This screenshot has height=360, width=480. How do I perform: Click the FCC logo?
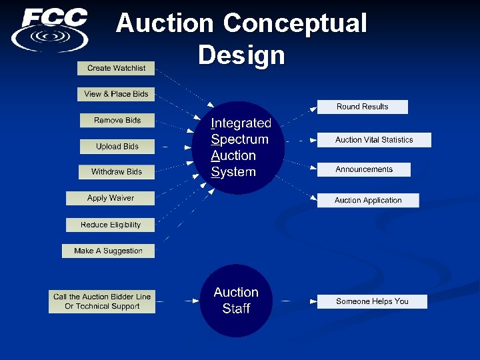click(50, 29)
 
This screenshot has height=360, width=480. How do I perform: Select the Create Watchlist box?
click(116, 68)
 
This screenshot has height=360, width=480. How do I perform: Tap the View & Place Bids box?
click(116, 94)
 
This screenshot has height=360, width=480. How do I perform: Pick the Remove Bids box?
click(117, 120)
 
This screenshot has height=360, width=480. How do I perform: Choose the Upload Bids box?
click(117, 147)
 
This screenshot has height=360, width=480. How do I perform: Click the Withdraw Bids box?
click(117, 172)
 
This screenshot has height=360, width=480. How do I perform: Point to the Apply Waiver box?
click(111, 198)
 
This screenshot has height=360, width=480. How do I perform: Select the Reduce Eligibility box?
click(111, 225)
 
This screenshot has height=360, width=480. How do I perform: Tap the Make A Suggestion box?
click(109, 251)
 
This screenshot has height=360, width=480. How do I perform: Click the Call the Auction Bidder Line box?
click(102, 301)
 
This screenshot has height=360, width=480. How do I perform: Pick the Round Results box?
click(362, 107)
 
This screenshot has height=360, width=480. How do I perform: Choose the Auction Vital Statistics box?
click(374, 140)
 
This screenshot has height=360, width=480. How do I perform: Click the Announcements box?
click(364, 169)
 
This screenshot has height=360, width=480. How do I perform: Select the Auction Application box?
click(368, 200)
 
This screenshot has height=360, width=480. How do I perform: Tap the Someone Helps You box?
click(372, 301)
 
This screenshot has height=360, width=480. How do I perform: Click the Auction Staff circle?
click(236, 301)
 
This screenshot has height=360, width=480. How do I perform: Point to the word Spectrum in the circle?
click(239, 139)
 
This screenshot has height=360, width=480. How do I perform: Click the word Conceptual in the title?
click(295, 23)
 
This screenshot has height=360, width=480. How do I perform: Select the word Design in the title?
click(241, 55)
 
